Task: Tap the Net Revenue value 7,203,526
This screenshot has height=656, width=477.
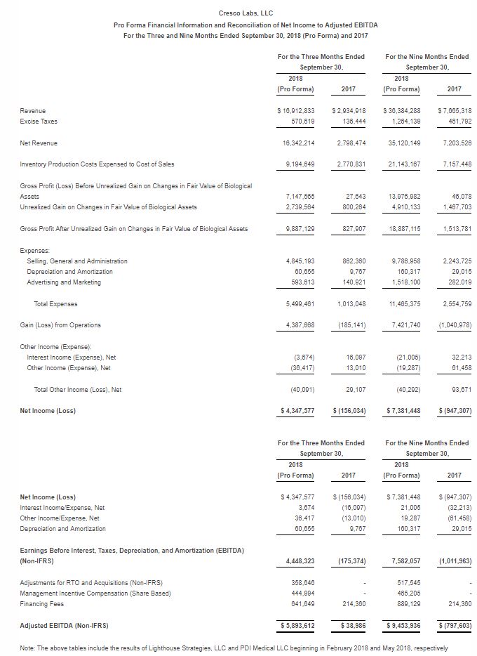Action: pyautogui.click(x=452, y=143)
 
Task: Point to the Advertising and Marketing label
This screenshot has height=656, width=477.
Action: pyautogui.click(x=64, y=282)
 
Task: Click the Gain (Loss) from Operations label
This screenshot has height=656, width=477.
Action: pyautogui.click(x=61, y=324)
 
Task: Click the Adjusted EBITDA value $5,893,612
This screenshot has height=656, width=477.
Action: pyautogui.click(x=295, y=624)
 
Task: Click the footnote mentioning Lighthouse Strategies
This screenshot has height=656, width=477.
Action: pyautogui.click(x=234, y=647)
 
